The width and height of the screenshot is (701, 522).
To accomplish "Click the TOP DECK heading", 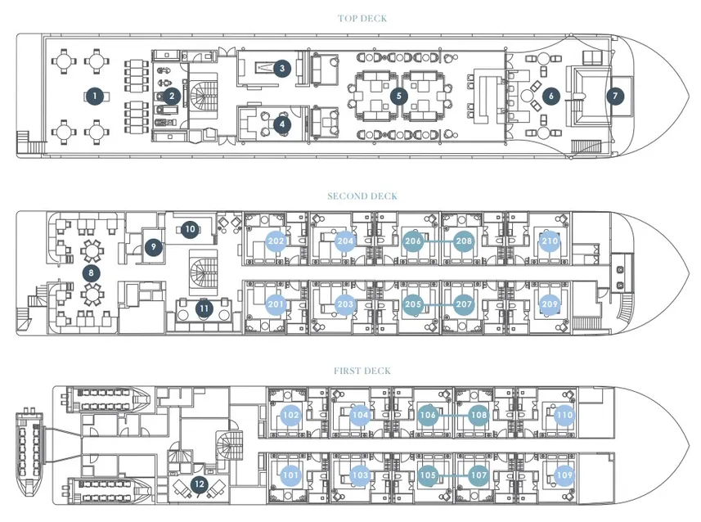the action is pyautogui.click(x=362, y=18).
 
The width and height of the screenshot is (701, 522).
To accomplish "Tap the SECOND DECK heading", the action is pyautogui.click(x=362, y=196).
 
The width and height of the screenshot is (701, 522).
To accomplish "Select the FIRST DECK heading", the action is pyautogui.click(x=362, y=371).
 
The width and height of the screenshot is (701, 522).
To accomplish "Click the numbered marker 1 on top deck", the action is pyautogui.click(x=95, y=96).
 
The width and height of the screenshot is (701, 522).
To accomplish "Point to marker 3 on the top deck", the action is pyautogui.click(x=281, y=69).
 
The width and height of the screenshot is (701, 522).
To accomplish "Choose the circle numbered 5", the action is pyautogui.click(x=399, y=96).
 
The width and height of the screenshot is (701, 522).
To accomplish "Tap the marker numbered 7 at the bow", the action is pyautogui.click(x=615, y=96).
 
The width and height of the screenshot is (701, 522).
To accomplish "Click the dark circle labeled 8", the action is pyautogui.click(x=91, y=272).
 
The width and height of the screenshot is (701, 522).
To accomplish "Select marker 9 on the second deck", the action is pyautogui.click(x=153, y=246).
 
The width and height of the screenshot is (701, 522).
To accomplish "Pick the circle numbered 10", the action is pyautogui.click(x=190, y=229).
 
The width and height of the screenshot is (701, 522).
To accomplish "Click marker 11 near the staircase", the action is pyautogui.click(x=204, y=308).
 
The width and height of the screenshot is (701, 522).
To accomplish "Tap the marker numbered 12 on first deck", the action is pyautogui.click(x=200, y=484).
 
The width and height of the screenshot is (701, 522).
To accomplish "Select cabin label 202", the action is pyautogui.click(x=276, y=241).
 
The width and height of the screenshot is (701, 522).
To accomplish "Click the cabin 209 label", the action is pyautogui.click(x=550, y=304).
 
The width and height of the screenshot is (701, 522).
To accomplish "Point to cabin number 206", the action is pyautogui.click(x=412, y=241).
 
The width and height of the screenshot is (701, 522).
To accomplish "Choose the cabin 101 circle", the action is pyautogui.click(x=290, y=475).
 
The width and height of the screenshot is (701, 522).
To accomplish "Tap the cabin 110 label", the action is pyautogui.click(x=564, y=415).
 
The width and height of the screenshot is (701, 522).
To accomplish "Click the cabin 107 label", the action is pyautogui.click(x=479, y=475).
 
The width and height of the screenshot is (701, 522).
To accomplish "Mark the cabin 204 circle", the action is pyautogui.click(x=345, y=241).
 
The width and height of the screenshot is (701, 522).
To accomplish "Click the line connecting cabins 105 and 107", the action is pyautogui.click(x=453, y=475).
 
